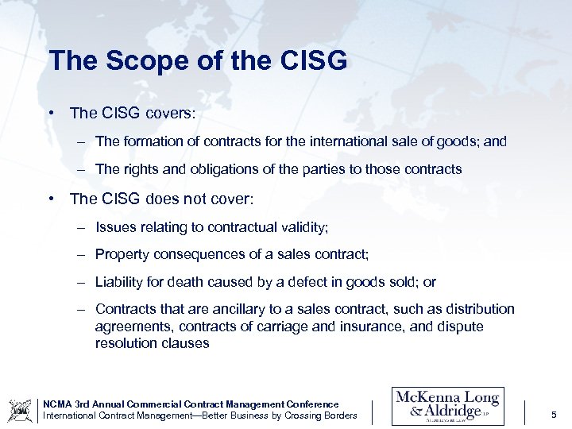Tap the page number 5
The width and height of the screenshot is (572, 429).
(x=553, y=415)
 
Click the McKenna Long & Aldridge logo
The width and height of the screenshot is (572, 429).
(x=447, y=406)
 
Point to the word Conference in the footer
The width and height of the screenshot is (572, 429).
(x=311, y=404)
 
